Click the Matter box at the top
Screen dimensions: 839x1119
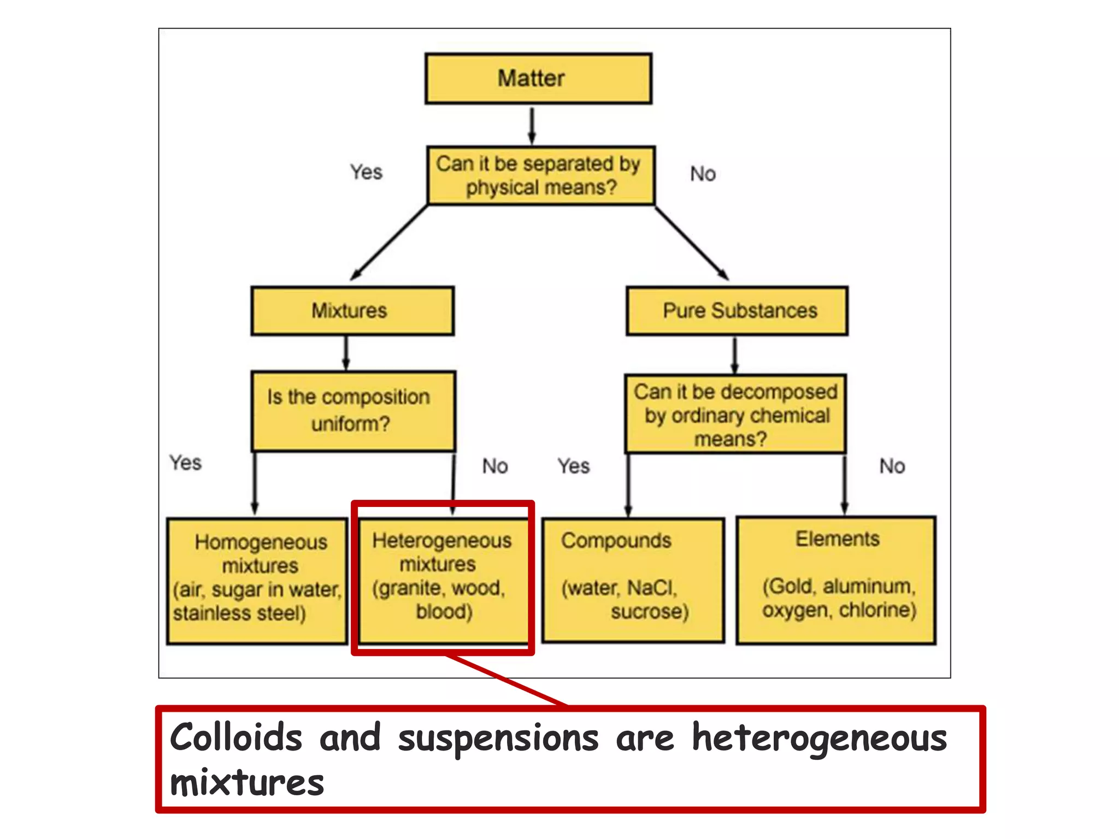[x=538, y=78]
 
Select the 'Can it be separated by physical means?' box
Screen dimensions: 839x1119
[x=541, y=175]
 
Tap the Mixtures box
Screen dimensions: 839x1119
[x=352, y=311]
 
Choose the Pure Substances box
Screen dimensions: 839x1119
[x=737, y=311]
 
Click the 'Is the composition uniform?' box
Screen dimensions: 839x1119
[x=354, y=411]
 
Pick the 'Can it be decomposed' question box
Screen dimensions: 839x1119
[x=735, y=414]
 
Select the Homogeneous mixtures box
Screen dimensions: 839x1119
[x=257, y=581]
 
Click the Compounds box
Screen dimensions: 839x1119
[x=633, y=580]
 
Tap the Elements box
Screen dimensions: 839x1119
[x=836, y=580]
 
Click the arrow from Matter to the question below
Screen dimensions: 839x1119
[x=532, y=125]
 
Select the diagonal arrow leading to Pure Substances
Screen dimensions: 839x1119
[x=692, y=243]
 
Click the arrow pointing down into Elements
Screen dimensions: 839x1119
[x=845, y=484]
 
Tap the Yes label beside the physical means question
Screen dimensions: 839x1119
[x=366, y=173]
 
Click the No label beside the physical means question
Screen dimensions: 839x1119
[x=703, y=174]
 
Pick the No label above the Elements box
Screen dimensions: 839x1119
[x=892, y=466]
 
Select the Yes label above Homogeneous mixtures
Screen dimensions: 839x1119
[x=185, y=463]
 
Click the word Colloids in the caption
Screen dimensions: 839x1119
[x=235, y=738]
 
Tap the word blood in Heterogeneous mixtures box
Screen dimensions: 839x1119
[x=444, y=612]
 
